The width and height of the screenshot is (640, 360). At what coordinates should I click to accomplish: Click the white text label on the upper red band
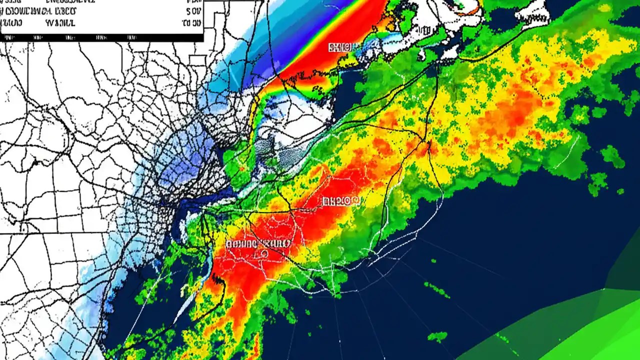[x=344, y=47]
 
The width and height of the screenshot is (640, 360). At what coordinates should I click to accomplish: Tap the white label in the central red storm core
[x=340, y=201]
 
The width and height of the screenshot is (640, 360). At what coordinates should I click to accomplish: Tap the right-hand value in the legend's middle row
[x=194, y=10]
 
